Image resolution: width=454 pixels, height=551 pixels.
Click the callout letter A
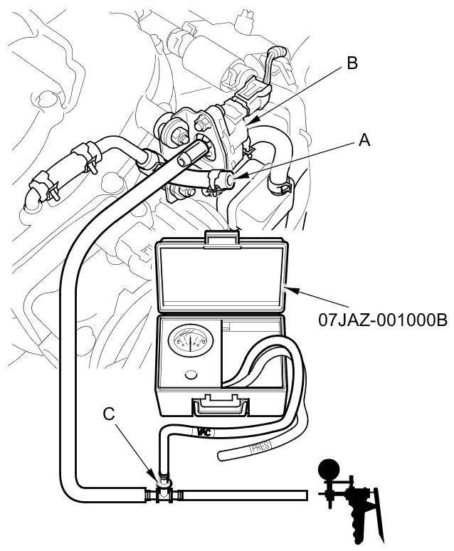pyautogui.click(x=364, y=141)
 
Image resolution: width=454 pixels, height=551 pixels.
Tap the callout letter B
pyautogui.click(x=351, y=63)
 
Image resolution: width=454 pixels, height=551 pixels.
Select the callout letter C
pyautogui.click(x=108, y=414)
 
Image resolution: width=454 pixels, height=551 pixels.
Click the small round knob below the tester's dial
pyautogui.click(x=189, y=376)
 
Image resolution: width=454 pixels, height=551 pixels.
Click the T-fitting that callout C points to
pyautogui.click(x=164, y=491)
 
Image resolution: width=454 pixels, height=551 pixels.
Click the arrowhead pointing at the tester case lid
pyautogui.click(x=287, y=288)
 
